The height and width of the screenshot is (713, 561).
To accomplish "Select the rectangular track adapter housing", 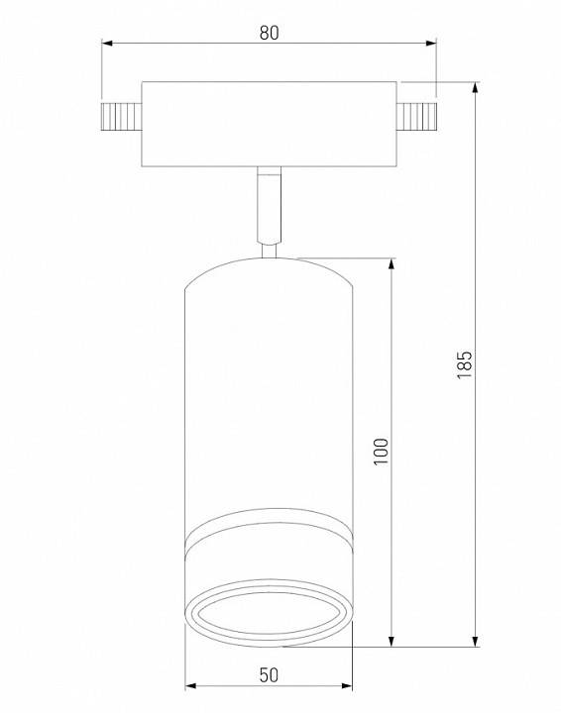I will [x=269, y=123].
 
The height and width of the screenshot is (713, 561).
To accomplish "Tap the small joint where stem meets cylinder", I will [x=269, y=251].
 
